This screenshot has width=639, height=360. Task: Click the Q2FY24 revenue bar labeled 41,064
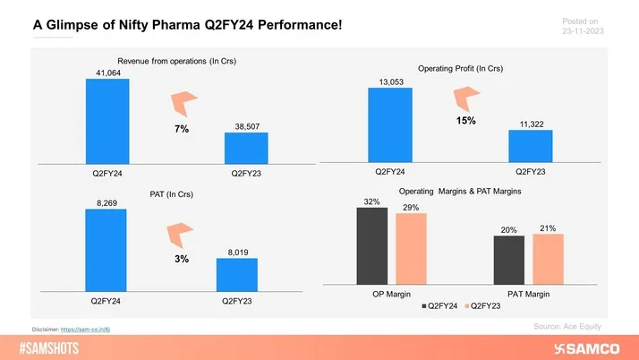point(107,121)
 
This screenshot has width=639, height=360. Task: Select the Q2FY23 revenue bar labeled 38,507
point(241,148)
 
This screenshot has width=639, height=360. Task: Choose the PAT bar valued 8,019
point(236,273)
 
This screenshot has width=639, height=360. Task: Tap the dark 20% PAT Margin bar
point(508,257)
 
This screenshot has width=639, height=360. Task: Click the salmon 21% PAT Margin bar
point(548,256)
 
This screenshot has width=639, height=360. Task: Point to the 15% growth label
point(465,120)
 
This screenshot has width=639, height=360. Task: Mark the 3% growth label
point(180,259)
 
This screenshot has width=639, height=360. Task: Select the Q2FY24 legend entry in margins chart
point(439,306)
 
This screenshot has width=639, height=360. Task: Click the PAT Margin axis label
point(528,294)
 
